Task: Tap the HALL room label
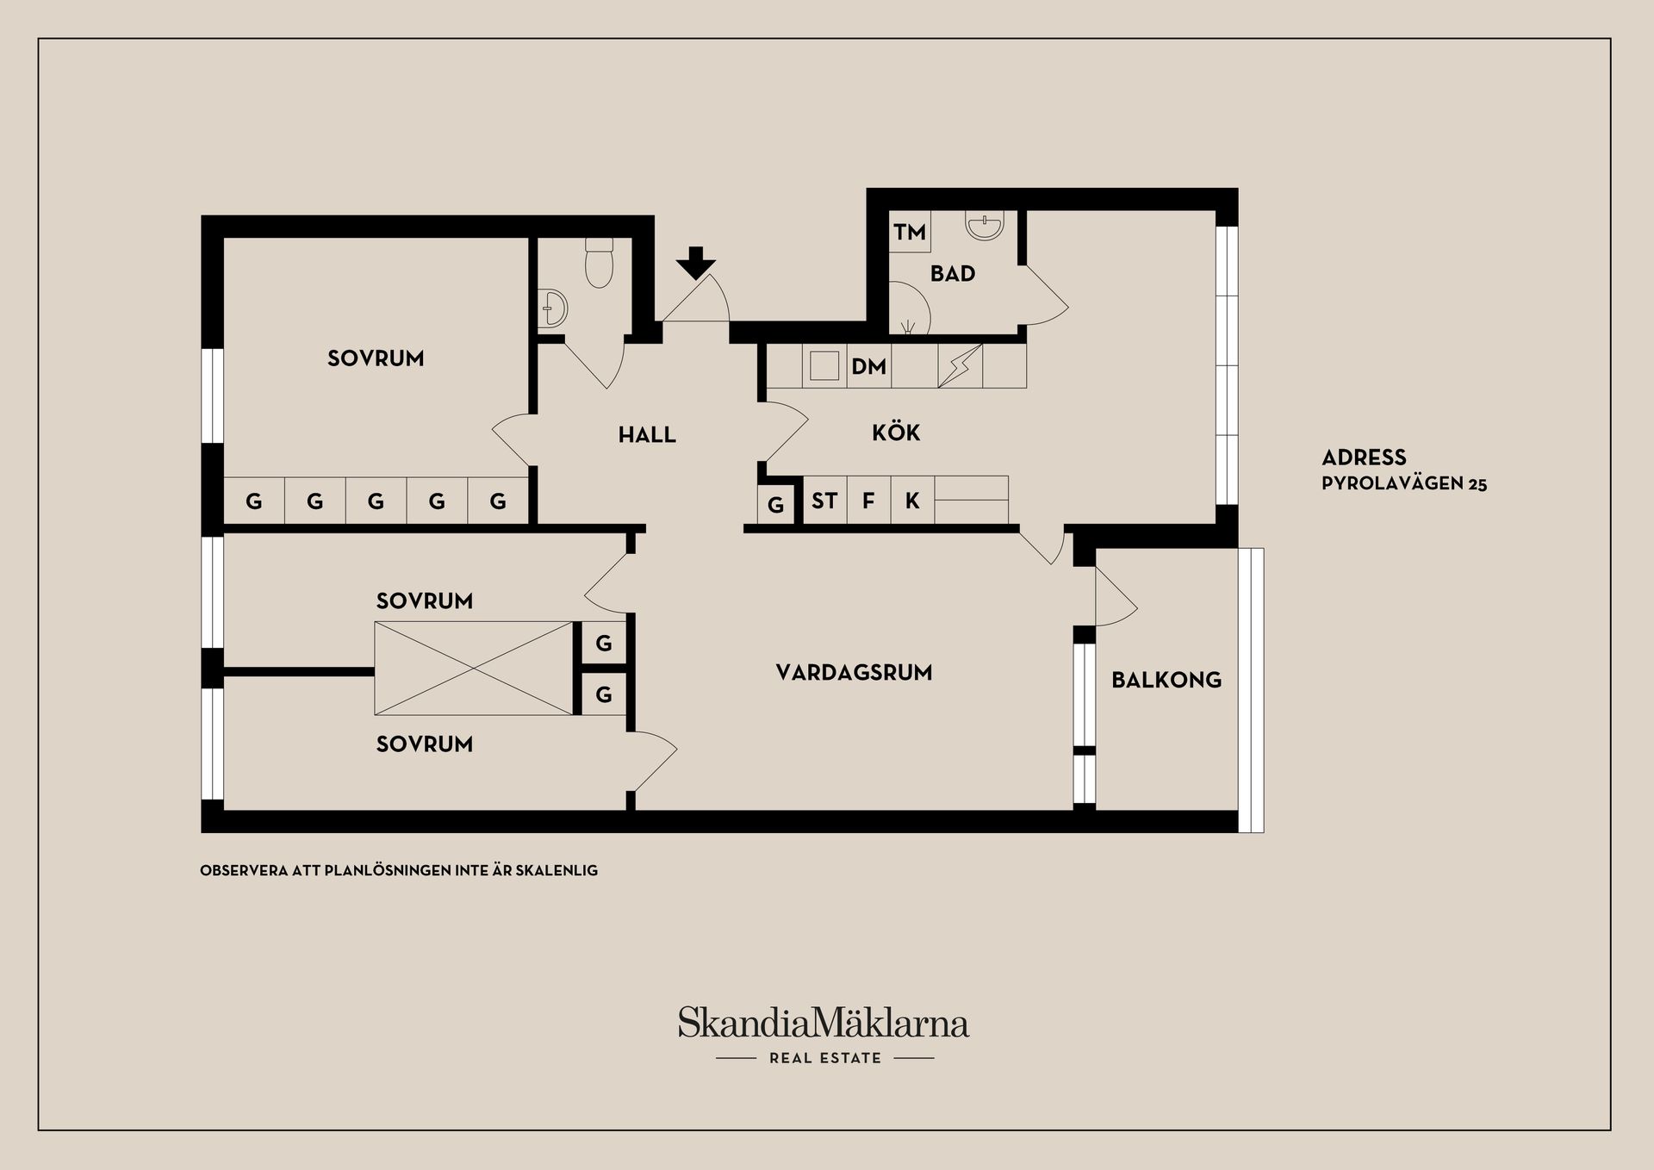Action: pos(647,435)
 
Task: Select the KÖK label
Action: pos(896,432)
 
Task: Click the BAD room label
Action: pos(953,274)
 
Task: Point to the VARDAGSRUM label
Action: pos(854,673)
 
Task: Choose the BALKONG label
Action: pos(1166,680)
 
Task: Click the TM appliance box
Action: pos(910,232)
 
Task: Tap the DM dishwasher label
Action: pos(868,367)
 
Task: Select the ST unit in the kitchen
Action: pos(824,500)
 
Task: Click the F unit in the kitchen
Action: pos(868,500)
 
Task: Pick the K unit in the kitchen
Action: pos(912,500)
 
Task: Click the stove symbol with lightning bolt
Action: pos(960,366)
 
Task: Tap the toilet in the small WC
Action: pos(599,263)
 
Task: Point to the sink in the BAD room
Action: pos(985,226)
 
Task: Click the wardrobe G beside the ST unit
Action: pos(776,505)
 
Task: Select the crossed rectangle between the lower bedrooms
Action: pos(474,669)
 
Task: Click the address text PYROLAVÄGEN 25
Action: pos(1404,483)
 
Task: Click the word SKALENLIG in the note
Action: pos(557,871)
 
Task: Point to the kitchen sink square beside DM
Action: pos(824,366)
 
